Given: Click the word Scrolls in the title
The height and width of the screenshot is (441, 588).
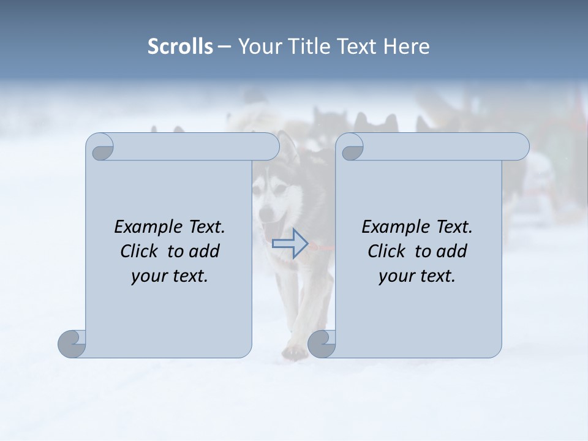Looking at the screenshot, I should click(180, 47).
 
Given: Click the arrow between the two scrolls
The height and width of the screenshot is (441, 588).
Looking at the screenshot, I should click(290, 243).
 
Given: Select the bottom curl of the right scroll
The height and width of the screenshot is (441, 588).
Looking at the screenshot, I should click(322, 344).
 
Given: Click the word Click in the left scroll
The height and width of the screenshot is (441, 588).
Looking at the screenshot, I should click(140, 251).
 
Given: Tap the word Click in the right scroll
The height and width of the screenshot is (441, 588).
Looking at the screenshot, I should click(386, 251).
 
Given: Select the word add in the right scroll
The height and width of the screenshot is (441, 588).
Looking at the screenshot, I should click(453, 251).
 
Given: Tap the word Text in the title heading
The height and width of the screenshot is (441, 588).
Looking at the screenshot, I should click(356, 47).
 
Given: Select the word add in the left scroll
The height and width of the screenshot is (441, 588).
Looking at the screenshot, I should click(205, 251).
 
